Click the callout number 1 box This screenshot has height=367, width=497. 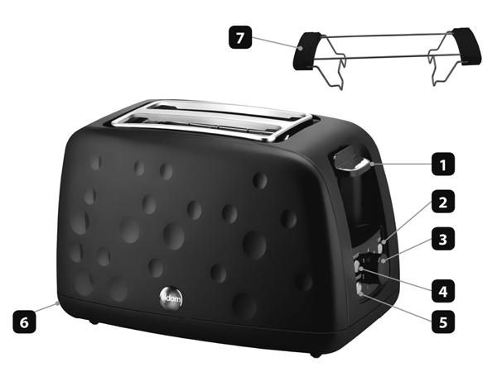(443, 164)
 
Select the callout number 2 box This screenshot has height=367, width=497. (443, 202)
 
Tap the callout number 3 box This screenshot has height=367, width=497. (443, 239)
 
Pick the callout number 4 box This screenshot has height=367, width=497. (443, 291)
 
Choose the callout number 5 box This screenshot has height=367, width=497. (443, 322)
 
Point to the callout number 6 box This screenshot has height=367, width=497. (24, 322)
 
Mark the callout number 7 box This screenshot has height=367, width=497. (240, 37)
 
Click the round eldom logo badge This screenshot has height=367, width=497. (171, 298)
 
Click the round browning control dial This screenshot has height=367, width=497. (384, 261)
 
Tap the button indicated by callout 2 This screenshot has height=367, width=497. (384, 242)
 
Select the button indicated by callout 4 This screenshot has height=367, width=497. (359, 267)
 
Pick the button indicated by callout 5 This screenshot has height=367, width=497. (360, 288)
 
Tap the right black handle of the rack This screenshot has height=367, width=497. (467, 46)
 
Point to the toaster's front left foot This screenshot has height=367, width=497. (93, 322)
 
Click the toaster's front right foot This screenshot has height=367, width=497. (315, 354)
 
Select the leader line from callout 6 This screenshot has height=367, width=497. (46, 307)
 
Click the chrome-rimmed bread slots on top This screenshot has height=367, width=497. (212, 120)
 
